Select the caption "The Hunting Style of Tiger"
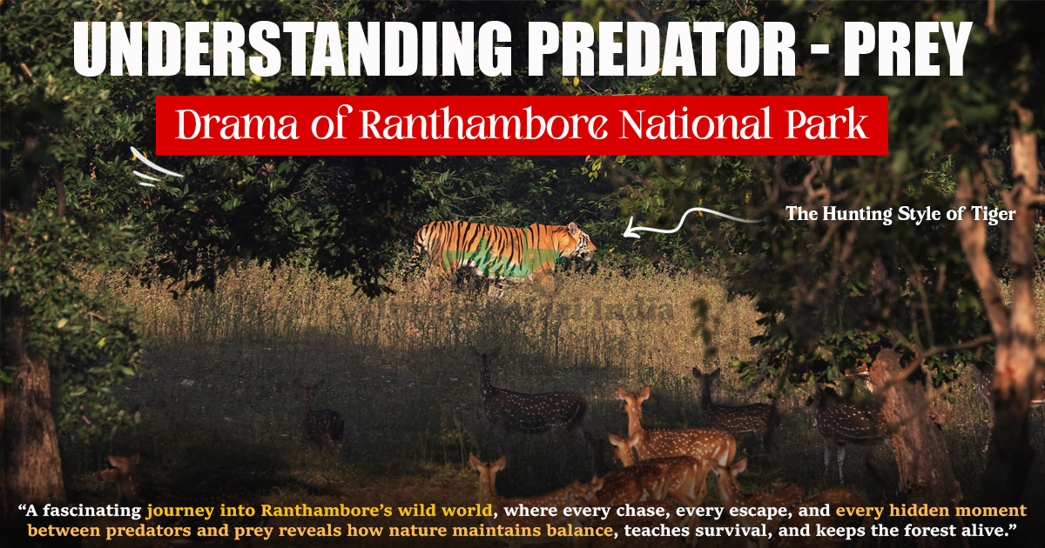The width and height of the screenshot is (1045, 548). click(x=900, y=214)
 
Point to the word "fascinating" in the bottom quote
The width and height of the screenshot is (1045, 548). click(x=97, y=511)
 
